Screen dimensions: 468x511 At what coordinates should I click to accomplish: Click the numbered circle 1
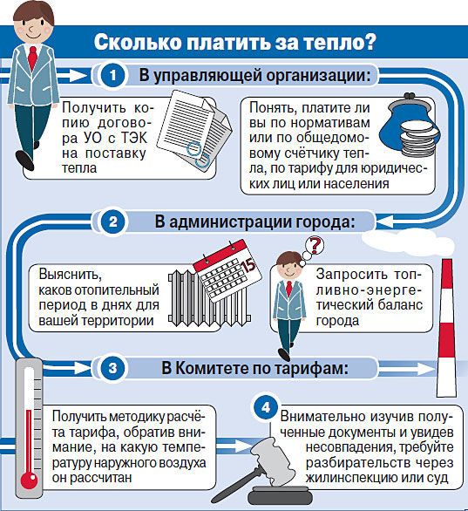coord(112,76)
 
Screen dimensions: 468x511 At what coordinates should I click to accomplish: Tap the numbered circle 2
coord(112,222)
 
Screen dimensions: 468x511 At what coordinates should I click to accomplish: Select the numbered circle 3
coord(112,368)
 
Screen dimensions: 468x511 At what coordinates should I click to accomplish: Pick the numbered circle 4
coord(266,407)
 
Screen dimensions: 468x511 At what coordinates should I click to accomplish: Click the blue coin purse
coord(410,126)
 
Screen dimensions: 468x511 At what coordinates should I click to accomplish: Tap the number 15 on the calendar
coord(249,265)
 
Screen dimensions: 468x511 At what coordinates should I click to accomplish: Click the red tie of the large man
coord(32,58)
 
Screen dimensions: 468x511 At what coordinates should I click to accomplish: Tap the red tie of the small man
coord(288,289)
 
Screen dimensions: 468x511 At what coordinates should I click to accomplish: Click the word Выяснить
coord(71,275)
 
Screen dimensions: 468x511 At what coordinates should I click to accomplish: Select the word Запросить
coord(352,275)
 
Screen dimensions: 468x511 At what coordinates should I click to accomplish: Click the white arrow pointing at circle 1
coord(71,76)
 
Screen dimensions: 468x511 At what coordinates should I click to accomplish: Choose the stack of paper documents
coord(194,129)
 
